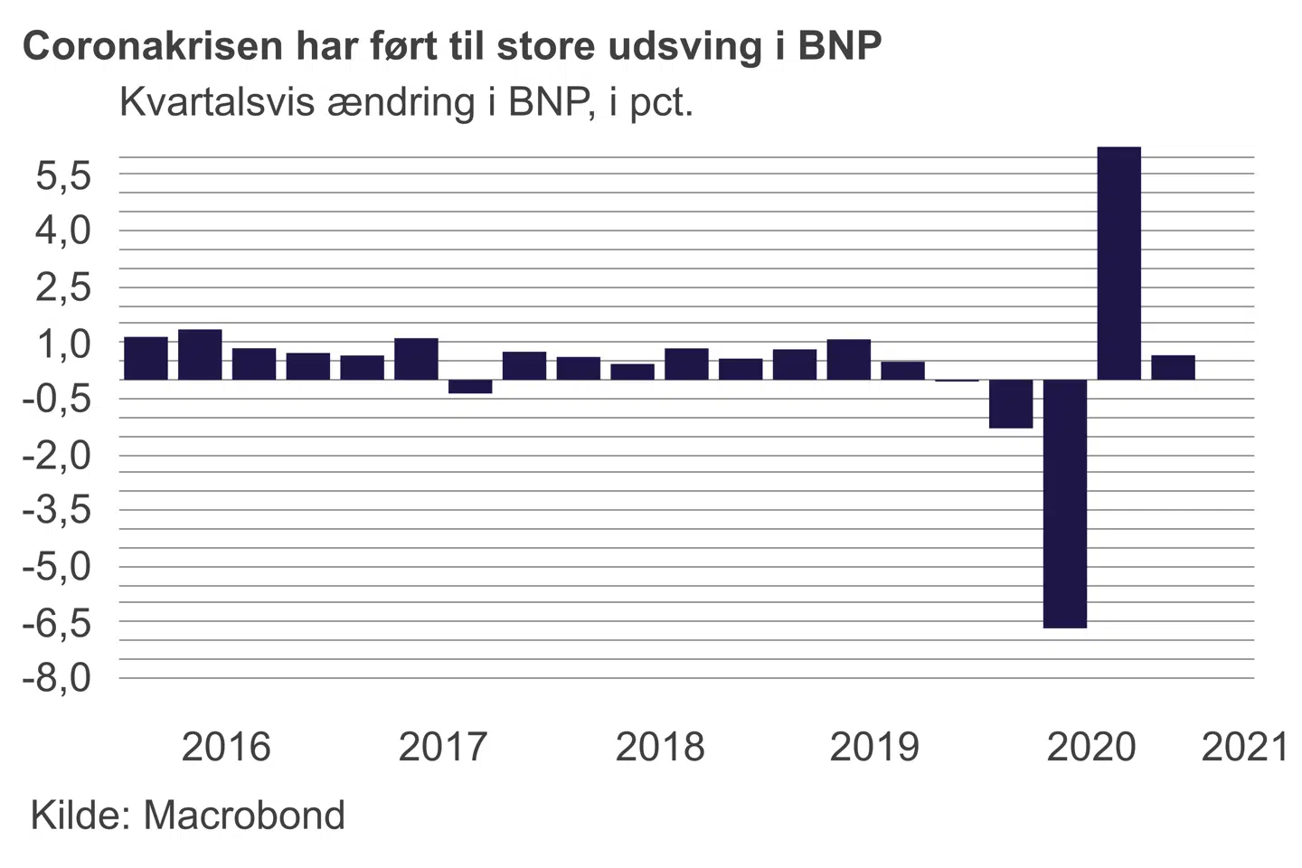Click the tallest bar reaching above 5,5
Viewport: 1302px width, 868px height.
pyautogui.click(x=1118, y=262)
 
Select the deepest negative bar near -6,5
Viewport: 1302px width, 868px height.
pyautogui.click(x=1064, y=503)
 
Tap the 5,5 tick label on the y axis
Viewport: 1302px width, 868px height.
pyautogui.click(x=63, y=176)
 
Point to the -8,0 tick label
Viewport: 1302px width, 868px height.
pyautogui.click(x=57, y=677)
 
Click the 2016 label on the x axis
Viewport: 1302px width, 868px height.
pyautogui.click(x=226, y=747)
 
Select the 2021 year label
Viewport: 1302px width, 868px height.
pyautogui.click(x=1244, y=747)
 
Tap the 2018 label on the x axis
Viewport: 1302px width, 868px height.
pyautogui.click(x=660, y=747)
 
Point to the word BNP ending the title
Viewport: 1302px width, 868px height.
pyautogui.click(x=840, y=46)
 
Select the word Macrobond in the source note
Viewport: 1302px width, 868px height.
pyautogui.click(x=244, y=816)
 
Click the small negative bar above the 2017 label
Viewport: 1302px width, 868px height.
pyautogui.click(x=470, y=386)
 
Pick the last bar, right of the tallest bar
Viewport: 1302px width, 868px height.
pyautogui.click(x=1173, y=367)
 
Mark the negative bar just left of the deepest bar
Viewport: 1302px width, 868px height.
pyautogui.click(x=1011, y=403)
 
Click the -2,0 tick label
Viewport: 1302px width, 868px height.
pyautogui.click(x=57, y=455)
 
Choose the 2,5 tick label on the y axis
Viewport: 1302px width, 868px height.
pyautogui.click(x=63, y=288)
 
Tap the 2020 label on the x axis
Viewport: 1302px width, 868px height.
pyautogui.click(x=1091, y=747)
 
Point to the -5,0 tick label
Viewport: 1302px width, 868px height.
pyautogui.click(x=57, y=567)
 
